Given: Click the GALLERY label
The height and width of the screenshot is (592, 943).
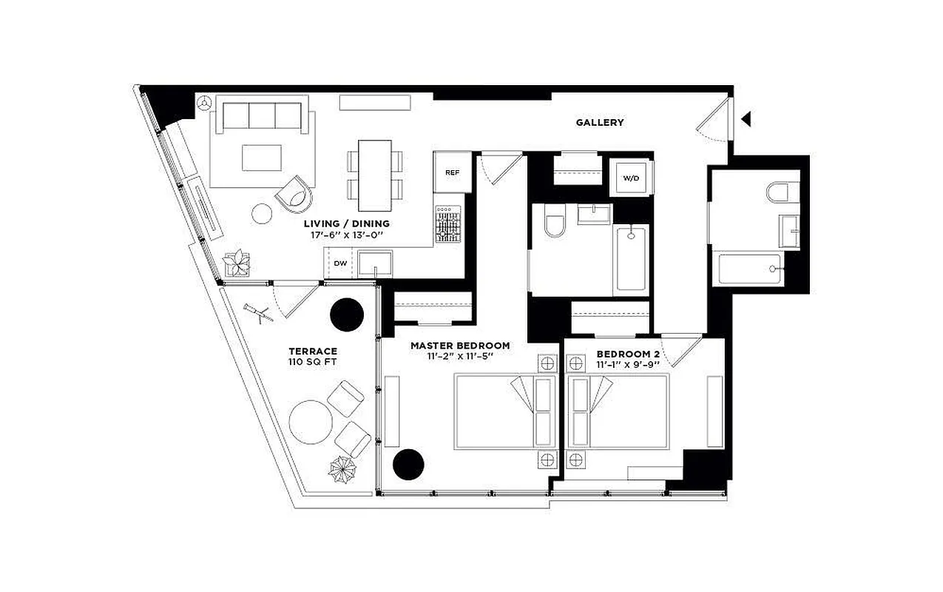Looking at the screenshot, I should (599, 122).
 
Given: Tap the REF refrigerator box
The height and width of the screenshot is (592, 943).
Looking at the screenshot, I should (452, 172).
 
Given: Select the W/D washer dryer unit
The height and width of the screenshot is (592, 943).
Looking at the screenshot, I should (631, 178).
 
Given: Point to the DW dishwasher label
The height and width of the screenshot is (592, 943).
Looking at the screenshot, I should (339, 263).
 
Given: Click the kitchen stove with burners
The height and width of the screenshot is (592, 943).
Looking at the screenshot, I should (448, 224).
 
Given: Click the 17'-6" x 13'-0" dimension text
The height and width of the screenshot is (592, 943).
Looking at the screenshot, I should (346, 235).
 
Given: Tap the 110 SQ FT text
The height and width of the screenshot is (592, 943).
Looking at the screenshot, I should (313, 363).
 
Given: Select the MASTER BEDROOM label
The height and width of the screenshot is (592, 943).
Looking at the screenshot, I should (459, 346).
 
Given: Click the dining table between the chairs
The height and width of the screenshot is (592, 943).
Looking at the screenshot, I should (374, 175).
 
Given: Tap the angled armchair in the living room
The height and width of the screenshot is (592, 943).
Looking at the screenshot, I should (292, 193).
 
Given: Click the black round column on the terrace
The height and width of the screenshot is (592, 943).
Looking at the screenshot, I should (346, 314).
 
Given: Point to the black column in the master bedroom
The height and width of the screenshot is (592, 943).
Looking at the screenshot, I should (408, 464).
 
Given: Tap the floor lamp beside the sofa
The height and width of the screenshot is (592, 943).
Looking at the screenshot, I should (204, 105).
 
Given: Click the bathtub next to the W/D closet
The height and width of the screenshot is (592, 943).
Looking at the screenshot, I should (631, 258).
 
